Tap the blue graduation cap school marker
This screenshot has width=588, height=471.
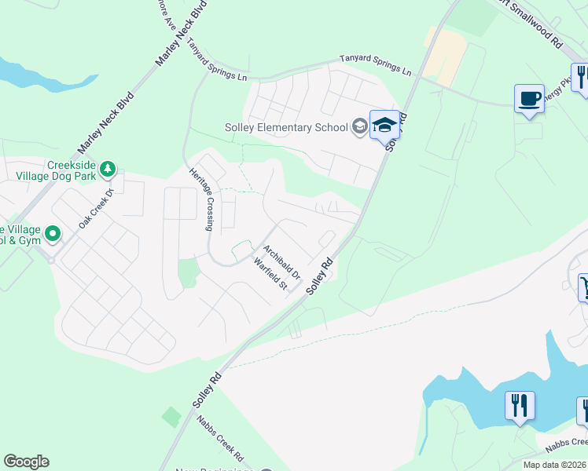(x=384, y=125)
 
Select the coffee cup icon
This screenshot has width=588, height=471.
(x=529, y=100)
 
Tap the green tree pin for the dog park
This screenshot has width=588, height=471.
(x=108, y=170)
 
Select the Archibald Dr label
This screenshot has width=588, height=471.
(x=281, y=263)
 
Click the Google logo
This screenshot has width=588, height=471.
(x=26, y=462)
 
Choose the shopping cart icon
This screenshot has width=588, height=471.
(x=583, y=287)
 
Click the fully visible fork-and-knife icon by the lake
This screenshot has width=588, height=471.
(x=520, y=405)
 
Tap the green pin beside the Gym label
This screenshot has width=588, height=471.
(x=53, y=233)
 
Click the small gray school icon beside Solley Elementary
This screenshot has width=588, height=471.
(x=359, y=127)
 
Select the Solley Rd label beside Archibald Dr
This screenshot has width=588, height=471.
(x=320, y=276)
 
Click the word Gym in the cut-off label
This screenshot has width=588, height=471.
(x=29, y=240)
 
